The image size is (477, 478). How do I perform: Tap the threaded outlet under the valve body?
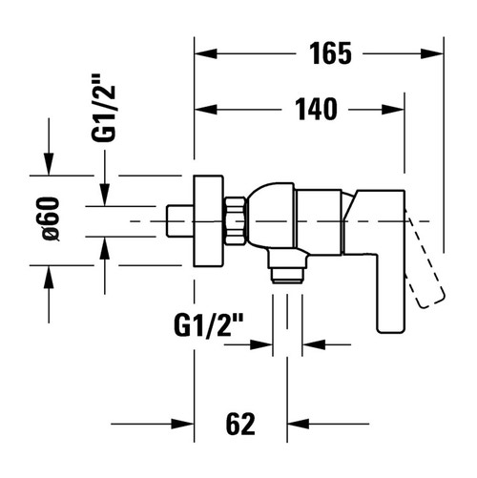point(284,273)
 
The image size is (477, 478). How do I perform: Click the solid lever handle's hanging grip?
point(392,286)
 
